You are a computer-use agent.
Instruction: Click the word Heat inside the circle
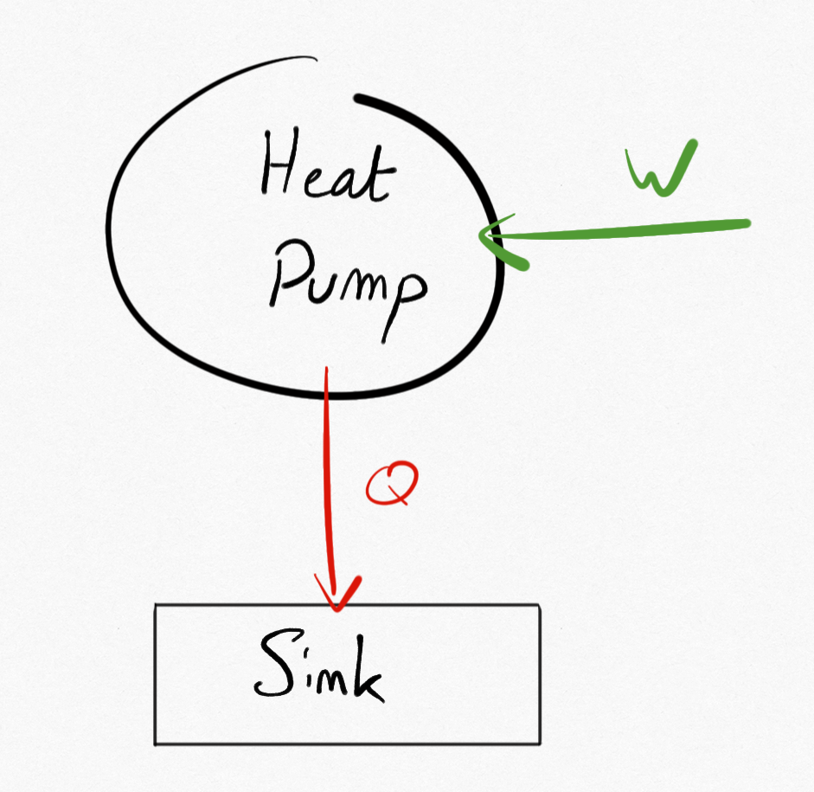click(x=324, y=171)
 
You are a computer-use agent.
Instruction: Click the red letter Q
click(x=392, y=485)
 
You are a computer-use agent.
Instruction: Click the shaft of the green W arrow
click(x=623, y=229)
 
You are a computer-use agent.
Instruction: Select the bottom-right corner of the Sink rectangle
click(x=540, y=743)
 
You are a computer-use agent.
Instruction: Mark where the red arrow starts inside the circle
click(x=326, y=370)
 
